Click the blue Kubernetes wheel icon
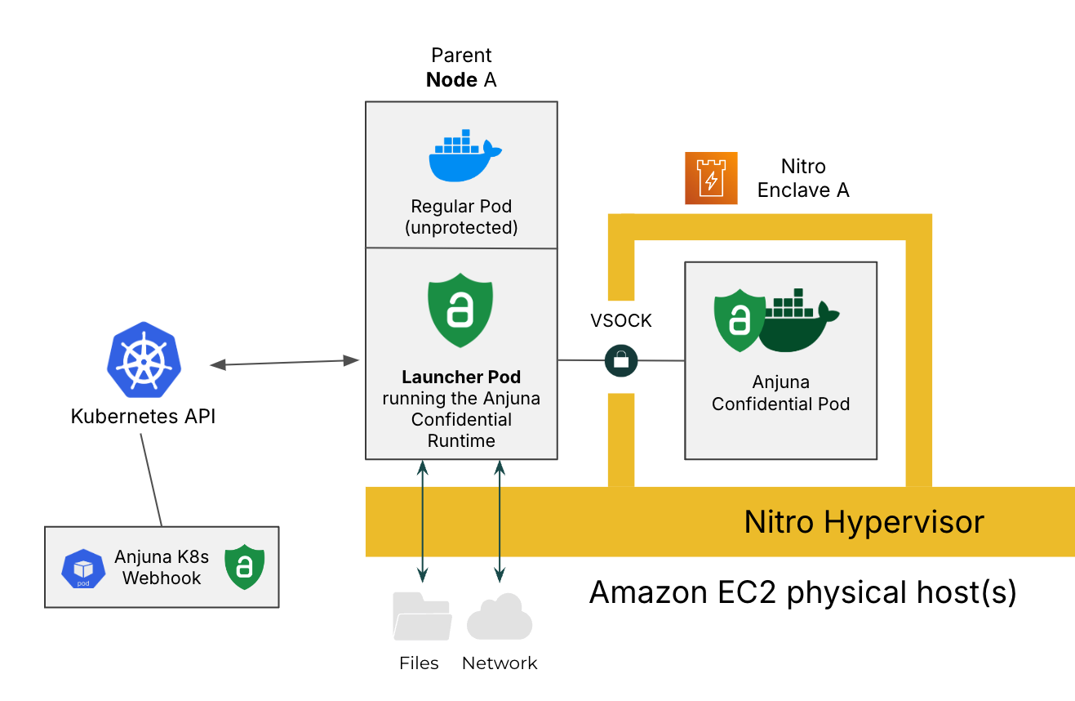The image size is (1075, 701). tap(144, 364)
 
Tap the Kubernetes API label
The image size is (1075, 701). tap(144, 417)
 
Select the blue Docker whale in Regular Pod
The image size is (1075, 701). tap(463, 155)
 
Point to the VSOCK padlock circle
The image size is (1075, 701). tap(621, 359)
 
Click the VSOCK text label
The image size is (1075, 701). tap(621, 321)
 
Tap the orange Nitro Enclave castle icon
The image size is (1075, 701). tap(711, 178)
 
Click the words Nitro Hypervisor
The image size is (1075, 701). tap(864, 521)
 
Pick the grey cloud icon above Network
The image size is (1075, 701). tap(500, 618)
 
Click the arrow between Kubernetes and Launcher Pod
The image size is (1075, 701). tap(285, 363)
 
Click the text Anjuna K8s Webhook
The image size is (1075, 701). tap(162, 567)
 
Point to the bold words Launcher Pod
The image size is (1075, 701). tap(461, 377)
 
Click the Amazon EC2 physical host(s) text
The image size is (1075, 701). tap(802, 592)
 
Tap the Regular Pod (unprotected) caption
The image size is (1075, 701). tap(461, 217)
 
